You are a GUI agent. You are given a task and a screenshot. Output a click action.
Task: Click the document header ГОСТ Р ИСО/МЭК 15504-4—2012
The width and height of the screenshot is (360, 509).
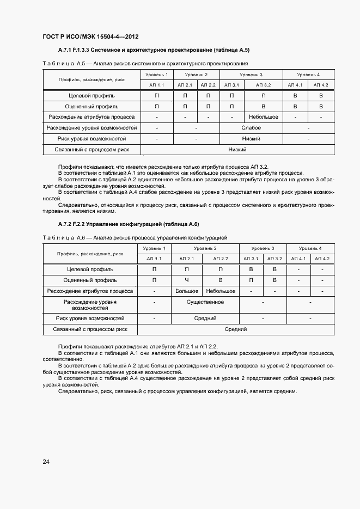coord(90,37)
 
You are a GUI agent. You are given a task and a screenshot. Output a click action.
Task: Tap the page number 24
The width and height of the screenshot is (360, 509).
coord(46,462)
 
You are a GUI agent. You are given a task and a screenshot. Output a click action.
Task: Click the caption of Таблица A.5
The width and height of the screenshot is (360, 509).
coord(145,64)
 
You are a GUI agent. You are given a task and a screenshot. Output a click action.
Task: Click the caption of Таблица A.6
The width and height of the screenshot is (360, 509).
coord(135,238)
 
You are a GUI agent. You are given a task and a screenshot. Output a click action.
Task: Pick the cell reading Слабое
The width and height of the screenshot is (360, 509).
coord(251,128)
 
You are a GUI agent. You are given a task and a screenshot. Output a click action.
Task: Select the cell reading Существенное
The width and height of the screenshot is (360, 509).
coord(205,302)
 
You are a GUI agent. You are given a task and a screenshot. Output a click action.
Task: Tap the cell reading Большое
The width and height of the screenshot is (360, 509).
coord(187,291)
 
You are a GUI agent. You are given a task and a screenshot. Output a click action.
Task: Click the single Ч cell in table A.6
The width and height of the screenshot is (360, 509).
coord(186,280)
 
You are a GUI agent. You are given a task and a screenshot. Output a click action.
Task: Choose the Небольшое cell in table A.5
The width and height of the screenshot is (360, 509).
coord(264,117)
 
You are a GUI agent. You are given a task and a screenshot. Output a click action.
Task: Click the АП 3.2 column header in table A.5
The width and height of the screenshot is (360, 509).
coord(264,85)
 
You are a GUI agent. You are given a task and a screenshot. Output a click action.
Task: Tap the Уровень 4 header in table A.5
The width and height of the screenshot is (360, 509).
coord(309,75)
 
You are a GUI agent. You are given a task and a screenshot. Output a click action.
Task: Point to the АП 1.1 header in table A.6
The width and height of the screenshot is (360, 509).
coord(154,259)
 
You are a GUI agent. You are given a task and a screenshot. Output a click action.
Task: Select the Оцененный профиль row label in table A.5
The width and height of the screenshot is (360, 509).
coord(91,107)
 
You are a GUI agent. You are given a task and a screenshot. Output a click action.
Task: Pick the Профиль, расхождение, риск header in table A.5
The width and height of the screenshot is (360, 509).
coord(91,79)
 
